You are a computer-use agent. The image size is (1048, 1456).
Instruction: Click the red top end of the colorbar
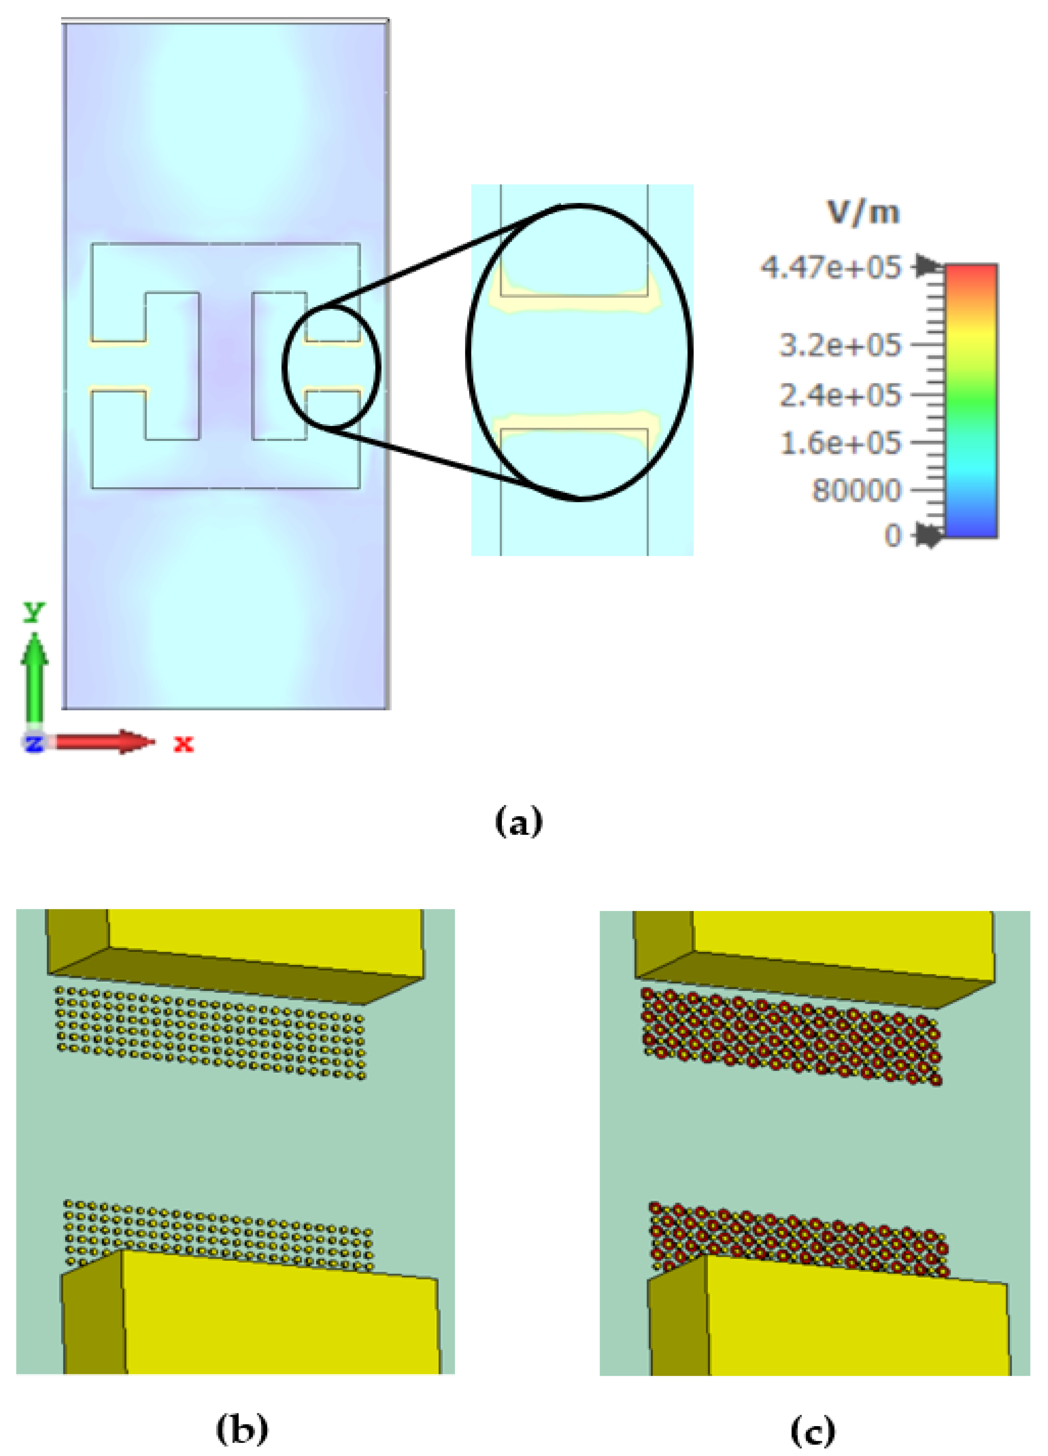coord(970,273)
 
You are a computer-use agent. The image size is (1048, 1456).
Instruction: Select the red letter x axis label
coord(183,743)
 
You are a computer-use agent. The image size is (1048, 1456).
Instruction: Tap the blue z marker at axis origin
coord(33,743)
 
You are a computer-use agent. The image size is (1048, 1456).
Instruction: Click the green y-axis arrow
coord(34,680)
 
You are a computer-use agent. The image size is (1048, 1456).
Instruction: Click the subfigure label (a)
coord(519,822)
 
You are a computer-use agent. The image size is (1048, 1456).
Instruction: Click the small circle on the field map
coord(331,367)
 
